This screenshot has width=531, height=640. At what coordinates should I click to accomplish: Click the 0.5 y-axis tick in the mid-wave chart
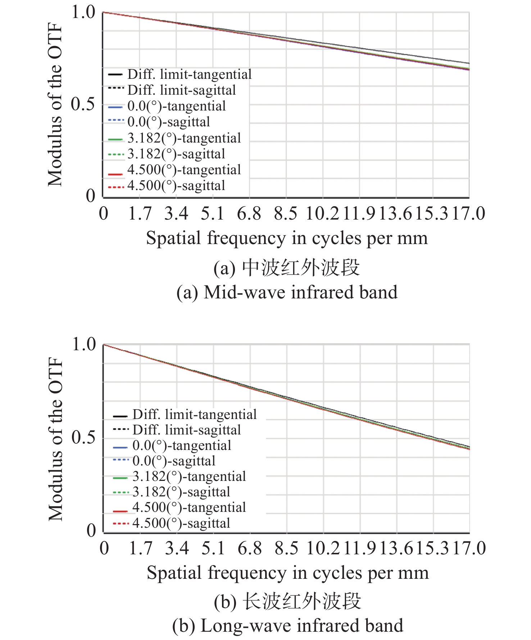click(x=83, y=104)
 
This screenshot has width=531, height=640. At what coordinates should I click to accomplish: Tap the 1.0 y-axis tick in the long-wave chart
click(x=83, y=344)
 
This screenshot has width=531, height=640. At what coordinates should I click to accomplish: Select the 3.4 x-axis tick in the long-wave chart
click(x=177, y=548)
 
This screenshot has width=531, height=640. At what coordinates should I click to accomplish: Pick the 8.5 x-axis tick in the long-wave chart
click(x=286, y=548)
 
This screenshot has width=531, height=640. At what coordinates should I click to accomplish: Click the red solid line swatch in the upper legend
click(x=115, y=174)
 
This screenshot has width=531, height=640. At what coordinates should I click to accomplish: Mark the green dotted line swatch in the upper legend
click(x=115, y=154)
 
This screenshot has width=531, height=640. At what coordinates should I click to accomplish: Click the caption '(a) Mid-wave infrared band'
click(x=287, y=292)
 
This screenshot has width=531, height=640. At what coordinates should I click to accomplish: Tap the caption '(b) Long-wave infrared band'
click(x=287, y=626)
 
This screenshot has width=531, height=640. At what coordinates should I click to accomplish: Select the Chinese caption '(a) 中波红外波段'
click(x=287, y=268)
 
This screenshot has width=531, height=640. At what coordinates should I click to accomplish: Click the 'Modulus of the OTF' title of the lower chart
click(x=55, y=439)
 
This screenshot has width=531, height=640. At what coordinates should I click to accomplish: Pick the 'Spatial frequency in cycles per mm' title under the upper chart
click(x=287, y=238)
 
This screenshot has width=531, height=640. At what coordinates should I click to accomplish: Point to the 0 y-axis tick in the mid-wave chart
click(x=90, y=196)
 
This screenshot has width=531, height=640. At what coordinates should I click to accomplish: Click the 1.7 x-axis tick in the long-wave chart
click(x=140, y=548)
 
